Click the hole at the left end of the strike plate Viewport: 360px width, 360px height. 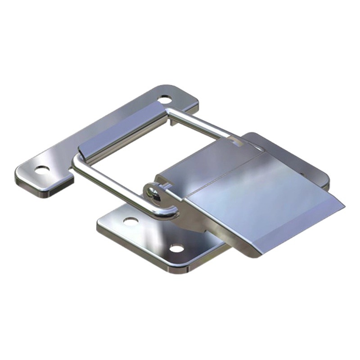point(42,170)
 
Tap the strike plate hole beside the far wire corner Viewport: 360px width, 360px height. point(165,98)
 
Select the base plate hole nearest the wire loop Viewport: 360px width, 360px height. point(130,221)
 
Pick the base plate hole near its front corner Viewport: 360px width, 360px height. point(177,248)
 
